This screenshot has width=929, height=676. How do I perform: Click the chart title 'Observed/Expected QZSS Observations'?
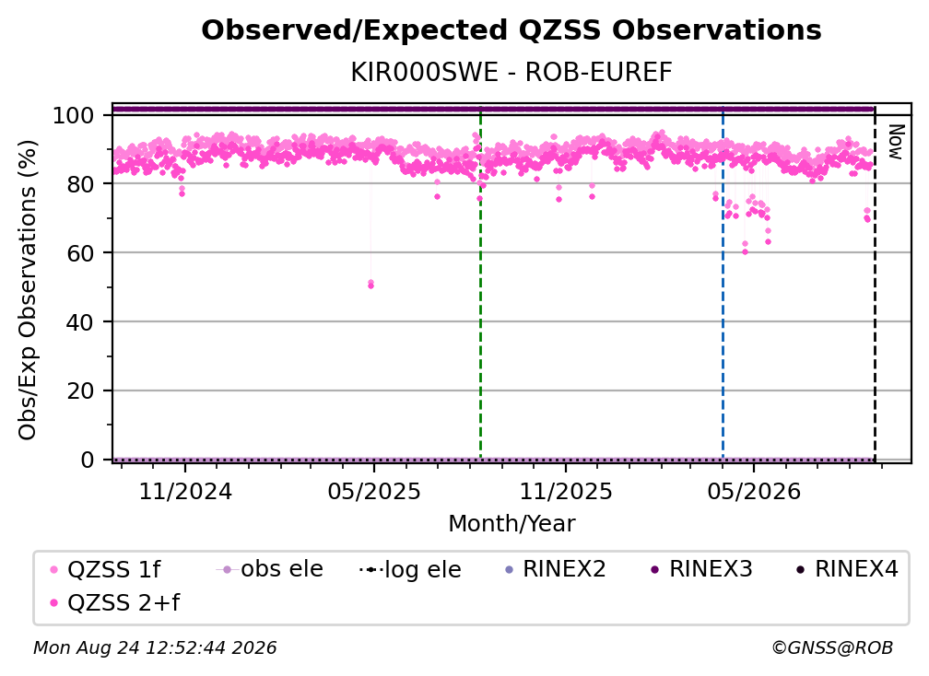512,30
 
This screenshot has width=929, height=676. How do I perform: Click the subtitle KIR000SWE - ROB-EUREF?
512,73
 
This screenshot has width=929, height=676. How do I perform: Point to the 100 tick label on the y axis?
74,115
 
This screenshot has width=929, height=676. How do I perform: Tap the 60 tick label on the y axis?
80,253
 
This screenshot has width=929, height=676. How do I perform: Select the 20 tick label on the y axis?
80,391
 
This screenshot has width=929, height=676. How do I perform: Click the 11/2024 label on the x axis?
185,491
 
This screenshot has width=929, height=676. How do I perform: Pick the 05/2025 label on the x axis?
374,491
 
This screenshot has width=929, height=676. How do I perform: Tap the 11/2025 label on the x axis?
566,491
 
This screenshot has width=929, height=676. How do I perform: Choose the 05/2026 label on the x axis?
754,491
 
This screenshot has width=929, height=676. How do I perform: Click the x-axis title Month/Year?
512,524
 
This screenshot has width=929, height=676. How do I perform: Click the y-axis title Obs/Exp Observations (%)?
28,290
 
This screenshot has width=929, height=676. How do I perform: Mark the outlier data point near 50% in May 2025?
370,285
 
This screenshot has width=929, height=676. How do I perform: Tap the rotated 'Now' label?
895,142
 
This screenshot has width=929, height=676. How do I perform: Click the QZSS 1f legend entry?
105,570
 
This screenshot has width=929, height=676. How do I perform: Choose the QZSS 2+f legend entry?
115,603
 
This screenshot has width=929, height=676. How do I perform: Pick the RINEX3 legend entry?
701,569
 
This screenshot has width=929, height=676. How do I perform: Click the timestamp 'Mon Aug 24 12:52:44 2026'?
155,648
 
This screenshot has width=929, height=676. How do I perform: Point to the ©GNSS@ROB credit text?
832,648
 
